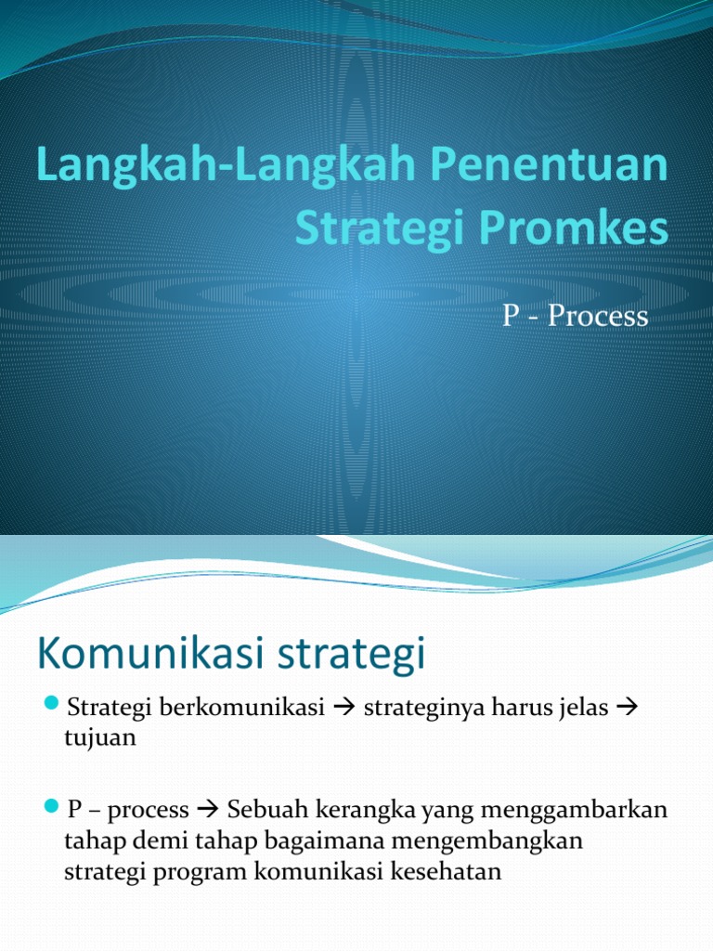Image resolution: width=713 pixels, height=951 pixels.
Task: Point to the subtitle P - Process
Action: (575, 316)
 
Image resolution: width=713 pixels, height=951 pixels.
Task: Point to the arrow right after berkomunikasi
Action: (340, 709)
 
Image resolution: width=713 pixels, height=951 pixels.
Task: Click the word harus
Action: (525, 709)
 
